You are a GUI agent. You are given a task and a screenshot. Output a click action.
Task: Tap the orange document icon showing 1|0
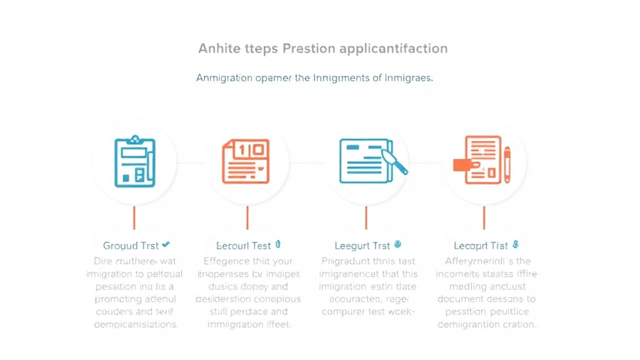(x=246, y=161)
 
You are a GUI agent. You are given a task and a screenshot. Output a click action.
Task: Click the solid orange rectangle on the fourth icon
(x=462, y=164)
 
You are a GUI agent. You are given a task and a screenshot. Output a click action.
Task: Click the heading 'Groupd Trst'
(x=131, y=246)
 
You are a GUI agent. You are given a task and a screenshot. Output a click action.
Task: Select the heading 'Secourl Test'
(x=243, y=246)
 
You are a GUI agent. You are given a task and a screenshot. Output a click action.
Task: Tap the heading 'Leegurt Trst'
(x=362, y=246)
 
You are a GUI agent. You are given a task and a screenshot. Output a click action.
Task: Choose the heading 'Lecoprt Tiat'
(x=481, y=246)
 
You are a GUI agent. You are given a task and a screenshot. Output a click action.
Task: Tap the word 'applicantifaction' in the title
(x=394, y=49)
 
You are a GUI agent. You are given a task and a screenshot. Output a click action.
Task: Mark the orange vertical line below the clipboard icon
(x=134, y=218)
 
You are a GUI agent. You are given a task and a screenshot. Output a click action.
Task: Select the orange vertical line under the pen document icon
(x=366, y=218)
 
